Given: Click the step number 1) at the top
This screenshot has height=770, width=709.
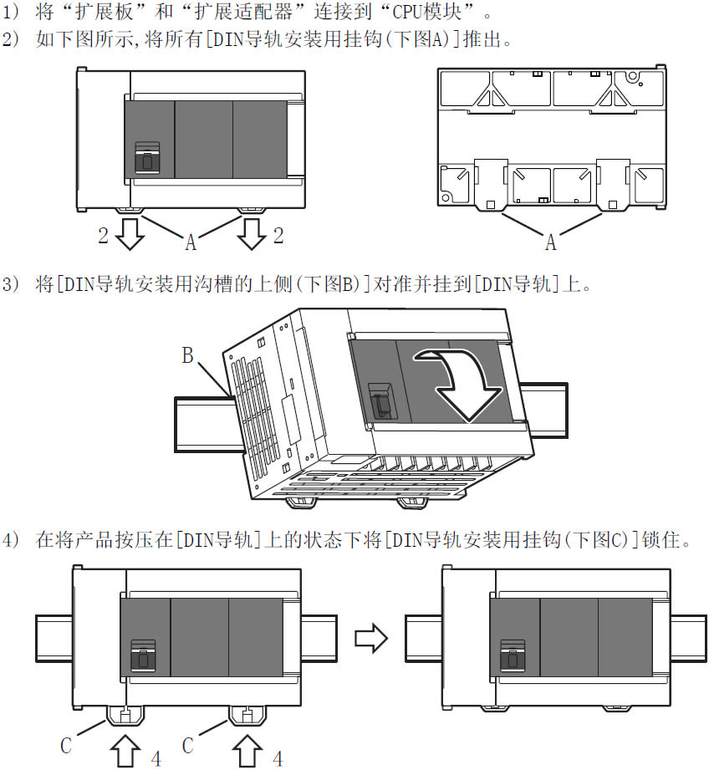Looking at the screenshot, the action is pyautogui.click(x=11, y=12).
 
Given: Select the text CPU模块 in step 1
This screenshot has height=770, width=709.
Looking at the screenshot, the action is pyautogui.click(x=426, y=12).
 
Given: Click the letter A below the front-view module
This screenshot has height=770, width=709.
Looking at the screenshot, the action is pyautogui.click(x=191, y=242).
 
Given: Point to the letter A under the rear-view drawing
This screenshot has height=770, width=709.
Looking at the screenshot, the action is pyautogui.click(x=551, y=242).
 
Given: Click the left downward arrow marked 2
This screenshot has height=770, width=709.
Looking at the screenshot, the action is pyautogui.click(x=130, y=234).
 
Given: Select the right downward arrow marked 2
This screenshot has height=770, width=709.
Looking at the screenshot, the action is pyautogui.click(x=252, y=234).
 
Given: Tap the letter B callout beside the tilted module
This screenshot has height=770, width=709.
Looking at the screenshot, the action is pyautogui.click(x=187, y=355).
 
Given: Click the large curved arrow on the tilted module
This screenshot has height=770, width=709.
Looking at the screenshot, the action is pyautogui.click(x=462, y=383).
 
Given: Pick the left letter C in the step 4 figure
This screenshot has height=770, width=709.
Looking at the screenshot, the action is pyautogui.click(x=66, y=746).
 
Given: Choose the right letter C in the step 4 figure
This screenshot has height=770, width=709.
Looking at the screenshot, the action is pyautogui.click(x=187, y=746).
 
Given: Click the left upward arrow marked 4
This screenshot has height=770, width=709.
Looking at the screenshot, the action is pyautogui.click(x=125, y=751).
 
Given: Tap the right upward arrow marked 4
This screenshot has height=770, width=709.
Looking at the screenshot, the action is pyautogui.click(x=247, y=751).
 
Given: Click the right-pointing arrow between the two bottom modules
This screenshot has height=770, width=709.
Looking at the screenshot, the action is pyautogui.click(x=371, y=639).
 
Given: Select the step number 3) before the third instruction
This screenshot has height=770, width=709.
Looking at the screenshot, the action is pyautogui.click(x=11, y=284).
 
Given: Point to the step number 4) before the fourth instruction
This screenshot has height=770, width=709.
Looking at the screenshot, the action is pyautogui.click(x=11, y=540).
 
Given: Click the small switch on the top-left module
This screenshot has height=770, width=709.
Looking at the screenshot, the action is pyautogui.click(x=147, y=158).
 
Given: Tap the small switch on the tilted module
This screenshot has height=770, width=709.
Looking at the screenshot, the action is pyautogui.click(x=380, y=400).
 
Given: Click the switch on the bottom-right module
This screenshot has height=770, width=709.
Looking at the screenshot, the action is pyautogui.click(x=513, y=655).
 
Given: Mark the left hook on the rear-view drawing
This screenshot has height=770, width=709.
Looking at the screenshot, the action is pyautogui.click(x=491, y=184).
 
